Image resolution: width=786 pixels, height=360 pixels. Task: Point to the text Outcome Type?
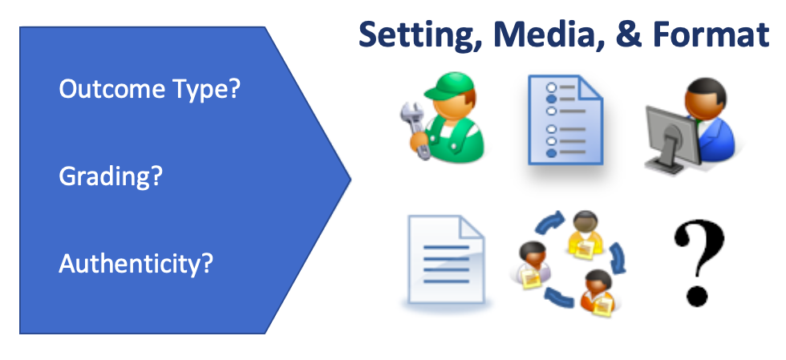point(150,90)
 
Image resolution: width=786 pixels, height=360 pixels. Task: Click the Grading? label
point(111,177)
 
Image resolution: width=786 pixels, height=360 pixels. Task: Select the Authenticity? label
point(136,263)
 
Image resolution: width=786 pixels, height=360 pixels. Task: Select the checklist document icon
point(565,119)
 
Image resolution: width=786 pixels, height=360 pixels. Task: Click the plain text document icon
point(446,260)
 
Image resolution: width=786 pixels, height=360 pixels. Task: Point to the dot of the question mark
point(697,296)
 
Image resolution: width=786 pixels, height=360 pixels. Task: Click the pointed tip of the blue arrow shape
point(350,179)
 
